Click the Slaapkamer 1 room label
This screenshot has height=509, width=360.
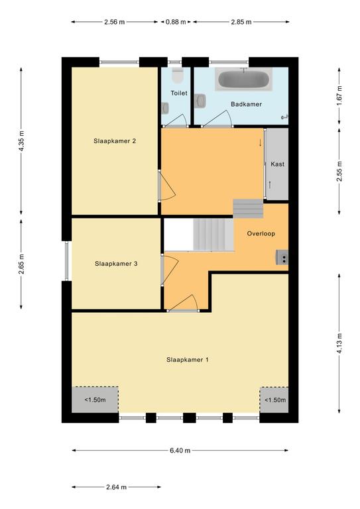click(188, 360)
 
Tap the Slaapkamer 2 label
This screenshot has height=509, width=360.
click(115, 141)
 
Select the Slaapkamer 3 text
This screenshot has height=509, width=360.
click(116, 264)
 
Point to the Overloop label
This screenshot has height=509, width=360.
click(261, 234)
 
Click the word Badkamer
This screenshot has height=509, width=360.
click(246, 104)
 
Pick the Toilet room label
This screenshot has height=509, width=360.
click(179, 93)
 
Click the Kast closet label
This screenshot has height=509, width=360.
click(277, 164)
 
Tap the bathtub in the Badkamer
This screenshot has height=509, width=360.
click(243, 80)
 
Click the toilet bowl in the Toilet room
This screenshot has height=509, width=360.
click(178, 76)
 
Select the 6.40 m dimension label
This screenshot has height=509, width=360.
click(180, 451)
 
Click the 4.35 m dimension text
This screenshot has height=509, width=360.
click(21, 141)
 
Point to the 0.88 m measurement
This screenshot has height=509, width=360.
click(176, 22)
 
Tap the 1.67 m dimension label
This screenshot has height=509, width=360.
click(339, 95)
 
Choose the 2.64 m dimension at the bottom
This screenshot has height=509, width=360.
click(116, 487)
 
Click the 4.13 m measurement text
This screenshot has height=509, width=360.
click(339, 343)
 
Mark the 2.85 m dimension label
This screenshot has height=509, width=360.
click(241, 22)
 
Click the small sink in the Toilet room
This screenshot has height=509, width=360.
click(165, 108)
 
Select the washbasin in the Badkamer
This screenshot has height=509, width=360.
click(200, 100)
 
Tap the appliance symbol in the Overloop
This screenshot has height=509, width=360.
click(282, 257)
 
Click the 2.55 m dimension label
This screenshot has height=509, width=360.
click(339, 171)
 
